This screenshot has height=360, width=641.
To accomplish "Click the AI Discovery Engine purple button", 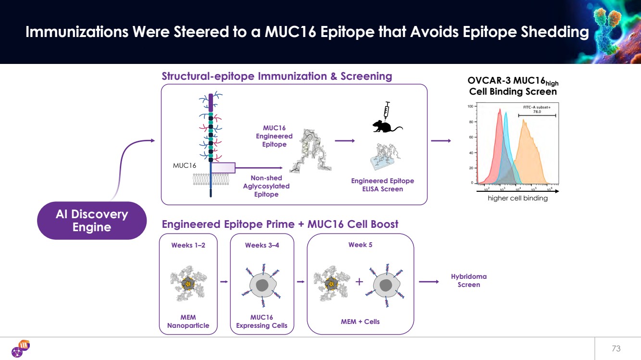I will coord(91,221).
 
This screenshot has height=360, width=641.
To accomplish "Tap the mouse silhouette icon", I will coord(386,126).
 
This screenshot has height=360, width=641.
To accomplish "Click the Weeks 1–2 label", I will coord(188,245).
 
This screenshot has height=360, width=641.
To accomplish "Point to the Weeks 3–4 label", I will coord(262,245).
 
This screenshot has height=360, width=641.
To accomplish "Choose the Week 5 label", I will coord(360,245).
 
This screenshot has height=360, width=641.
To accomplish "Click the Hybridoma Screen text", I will coord(468,281).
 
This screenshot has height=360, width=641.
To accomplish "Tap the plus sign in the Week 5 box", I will coord(359,282).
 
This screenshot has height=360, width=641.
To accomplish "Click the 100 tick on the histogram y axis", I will coord(470,106).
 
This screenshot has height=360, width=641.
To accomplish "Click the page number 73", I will coord(616,348).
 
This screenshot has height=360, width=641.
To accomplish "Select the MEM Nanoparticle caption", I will coord(188,322).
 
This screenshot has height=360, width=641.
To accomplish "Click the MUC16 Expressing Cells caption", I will coord(262,322).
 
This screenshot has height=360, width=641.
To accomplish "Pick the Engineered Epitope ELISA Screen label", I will coord(382,185).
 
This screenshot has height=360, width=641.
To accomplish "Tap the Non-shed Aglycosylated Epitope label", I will coord(266,186).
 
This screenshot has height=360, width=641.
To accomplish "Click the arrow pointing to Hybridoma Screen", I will coord(428,282).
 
